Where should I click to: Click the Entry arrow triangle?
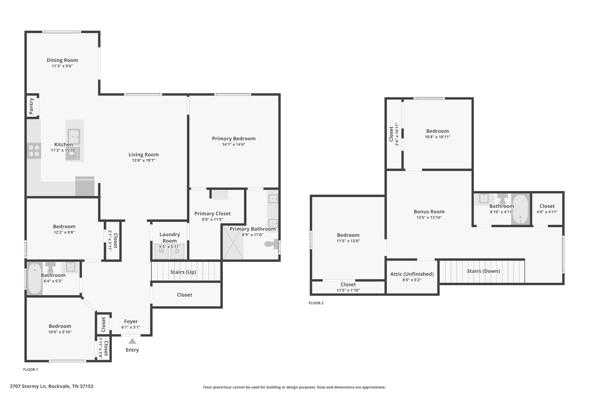(x=132, y=341)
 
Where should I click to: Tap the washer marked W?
(x=161, y=251)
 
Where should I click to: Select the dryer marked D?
(x=177, y=251)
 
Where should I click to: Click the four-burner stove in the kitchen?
(x=34, y=151)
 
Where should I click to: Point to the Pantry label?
(x=31, y=106)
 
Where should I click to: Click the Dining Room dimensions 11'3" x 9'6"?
(x=62, y=66)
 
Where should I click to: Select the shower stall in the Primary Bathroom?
(x=233, y=242)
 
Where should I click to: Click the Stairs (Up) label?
(x=183, y=272)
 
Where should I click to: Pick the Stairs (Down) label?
(x=483, y=271)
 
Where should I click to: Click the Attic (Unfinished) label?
(x=412, y=274)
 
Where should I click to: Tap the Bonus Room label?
(x=429, y=212)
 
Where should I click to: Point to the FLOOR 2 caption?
(x=316, y=303)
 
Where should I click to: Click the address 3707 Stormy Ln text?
(x=28, y=386)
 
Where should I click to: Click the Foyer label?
(x=131, y=322)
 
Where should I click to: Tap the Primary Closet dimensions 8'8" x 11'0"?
(x=213, y=219)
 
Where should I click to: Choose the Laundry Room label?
(x=170, y=238)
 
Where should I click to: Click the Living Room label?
(x=144, y=155)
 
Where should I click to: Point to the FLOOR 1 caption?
(x=30, y=369)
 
